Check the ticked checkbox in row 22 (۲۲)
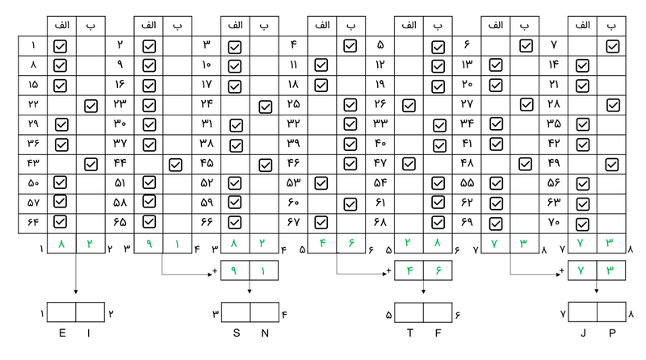click(x=90, y=105)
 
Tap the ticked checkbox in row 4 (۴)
click(x=350, y=46)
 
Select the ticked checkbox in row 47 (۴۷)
click(x=409, y=164)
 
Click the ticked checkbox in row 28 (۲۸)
click(x=612, y=105)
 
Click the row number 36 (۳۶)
click(x=33, y=144)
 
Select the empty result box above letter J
click(x=583, y=312)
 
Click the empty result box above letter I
click(x=90, y=312)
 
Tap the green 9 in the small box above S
click(x=235, y=273)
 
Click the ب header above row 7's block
click(x=612, y=26)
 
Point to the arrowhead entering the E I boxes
click(x=75, y=298)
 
